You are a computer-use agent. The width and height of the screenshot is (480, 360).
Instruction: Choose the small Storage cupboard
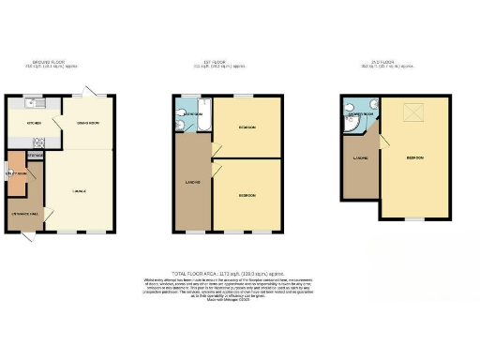(34, 157)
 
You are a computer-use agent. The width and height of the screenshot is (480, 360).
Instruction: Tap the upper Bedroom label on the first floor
(247, 127)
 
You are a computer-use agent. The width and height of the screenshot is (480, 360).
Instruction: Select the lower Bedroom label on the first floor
(247, 195)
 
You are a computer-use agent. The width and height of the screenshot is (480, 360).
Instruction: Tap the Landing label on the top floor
(360, 157)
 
